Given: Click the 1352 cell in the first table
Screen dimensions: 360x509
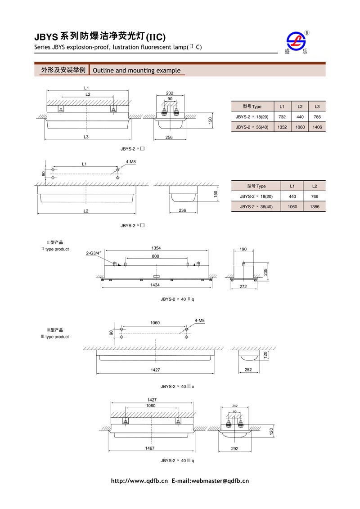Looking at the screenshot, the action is [282, 127].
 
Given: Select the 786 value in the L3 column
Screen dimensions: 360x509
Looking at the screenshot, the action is [317, 117].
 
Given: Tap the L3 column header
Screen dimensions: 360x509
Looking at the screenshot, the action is [317, 107].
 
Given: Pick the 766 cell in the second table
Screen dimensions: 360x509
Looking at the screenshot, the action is [315, 196].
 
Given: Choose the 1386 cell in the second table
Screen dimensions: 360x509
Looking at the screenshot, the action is [315, 206].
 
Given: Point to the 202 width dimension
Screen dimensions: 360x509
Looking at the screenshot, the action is [170, 93].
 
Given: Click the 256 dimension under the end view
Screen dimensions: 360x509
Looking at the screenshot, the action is [169, 137].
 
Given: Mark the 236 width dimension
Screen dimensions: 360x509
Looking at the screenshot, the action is [182, 210].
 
